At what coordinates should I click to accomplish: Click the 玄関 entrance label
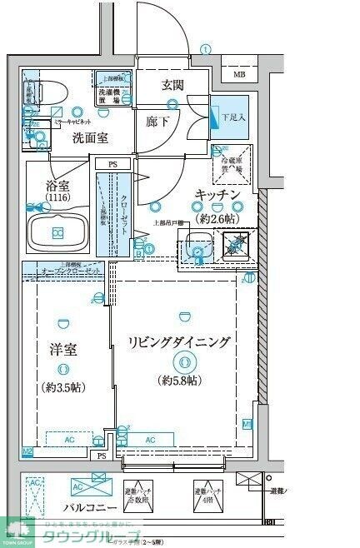click(173, 84)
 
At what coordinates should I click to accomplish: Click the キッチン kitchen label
click(218, 194)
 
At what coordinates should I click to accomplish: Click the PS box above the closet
click(112, 165)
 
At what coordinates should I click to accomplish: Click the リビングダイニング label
click(178, 341)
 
